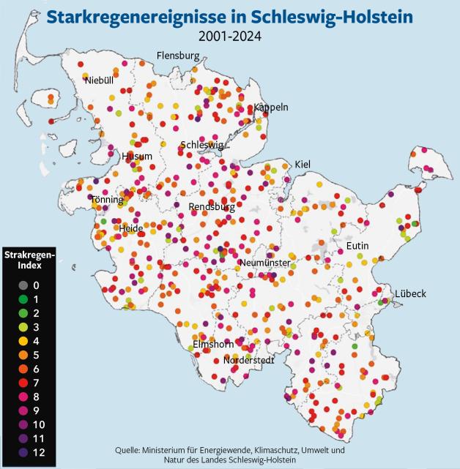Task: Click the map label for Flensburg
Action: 178,56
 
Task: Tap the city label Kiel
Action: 303,164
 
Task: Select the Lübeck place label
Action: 410,293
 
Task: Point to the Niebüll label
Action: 99,80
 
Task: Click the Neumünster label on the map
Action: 265,263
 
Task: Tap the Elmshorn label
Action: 213,344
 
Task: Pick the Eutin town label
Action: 357,245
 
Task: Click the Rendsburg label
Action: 212,207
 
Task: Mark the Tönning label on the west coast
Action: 107,200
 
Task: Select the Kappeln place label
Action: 271,107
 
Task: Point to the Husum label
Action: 138,156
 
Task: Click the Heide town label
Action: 131,228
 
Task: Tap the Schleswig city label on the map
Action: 201,145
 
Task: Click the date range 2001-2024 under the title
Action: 230,34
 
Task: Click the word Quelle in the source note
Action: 129,449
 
